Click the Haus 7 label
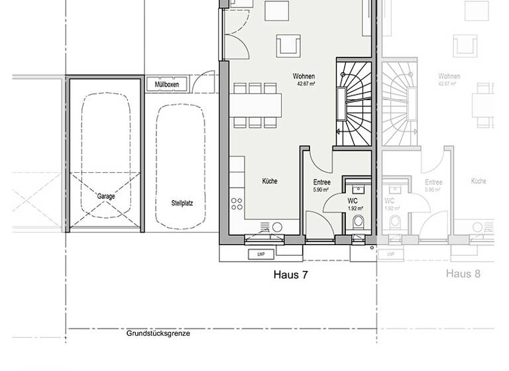(290, 274)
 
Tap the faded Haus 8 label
(463, 274)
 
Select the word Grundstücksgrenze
(158, 333)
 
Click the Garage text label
(106, 196)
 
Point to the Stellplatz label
(181, 203)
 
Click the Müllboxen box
(167, 85)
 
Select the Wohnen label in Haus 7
(304, 77)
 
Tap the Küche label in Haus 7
(269, 181)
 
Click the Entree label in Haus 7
(321, 182)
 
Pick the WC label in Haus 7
(353, 200)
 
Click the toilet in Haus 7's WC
(358, 221)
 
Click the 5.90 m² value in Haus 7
(321, 190)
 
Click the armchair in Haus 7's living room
(288, 45)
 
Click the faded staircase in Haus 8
(400, 103)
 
